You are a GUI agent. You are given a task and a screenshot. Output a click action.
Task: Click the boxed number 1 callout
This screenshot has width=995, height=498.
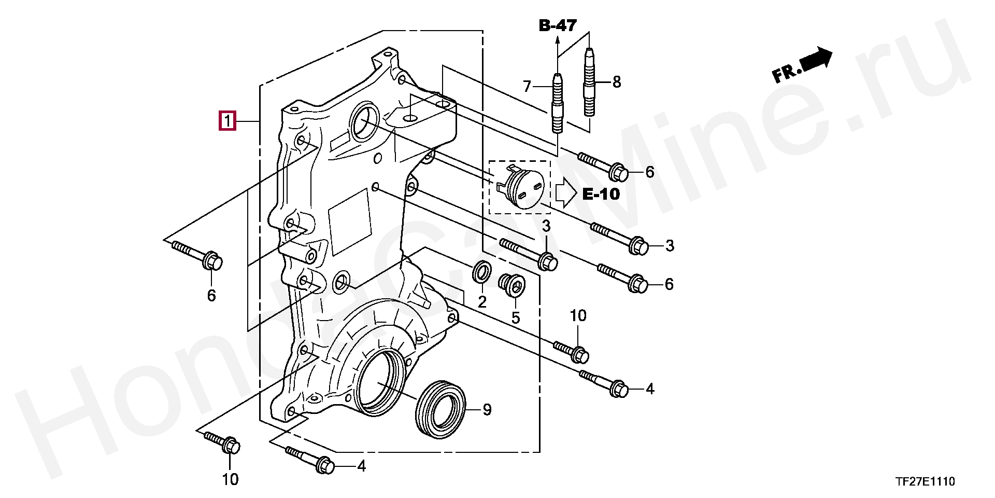pos(227,121)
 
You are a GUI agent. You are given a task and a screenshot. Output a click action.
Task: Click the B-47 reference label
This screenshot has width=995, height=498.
pos(558,25)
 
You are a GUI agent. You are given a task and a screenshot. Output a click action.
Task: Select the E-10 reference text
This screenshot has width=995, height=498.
pos(601,194)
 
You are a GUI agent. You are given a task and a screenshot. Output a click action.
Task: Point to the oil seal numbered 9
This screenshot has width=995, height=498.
pos(441,409)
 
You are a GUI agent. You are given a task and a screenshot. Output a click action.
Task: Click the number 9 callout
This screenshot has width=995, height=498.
pos(487,410)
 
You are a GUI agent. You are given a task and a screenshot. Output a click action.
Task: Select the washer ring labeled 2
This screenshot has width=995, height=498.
pos(482,273)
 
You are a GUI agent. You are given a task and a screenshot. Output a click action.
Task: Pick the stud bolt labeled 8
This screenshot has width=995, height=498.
pos(589,81)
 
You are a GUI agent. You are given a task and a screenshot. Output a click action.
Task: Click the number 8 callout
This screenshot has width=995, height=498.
pos(616,81)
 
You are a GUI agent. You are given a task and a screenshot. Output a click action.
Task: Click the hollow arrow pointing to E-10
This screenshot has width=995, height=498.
pos(566,193)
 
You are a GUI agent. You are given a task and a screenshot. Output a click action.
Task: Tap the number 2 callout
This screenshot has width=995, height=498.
pos(482,302)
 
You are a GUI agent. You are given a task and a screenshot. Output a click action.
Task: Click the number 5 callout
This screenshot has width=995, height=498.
pos(516,317)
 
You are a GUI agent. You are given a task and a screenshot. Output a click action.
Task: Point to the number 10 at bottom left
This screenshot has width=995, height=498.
pos(230,479)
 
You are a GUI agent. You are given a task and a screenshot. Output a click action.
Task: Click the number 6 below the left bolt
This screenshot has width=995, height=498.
pos(211,296)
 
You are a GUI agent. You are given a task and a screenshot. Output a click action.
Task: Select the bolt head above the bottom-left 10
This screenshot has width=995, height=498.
pos(232,446)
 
